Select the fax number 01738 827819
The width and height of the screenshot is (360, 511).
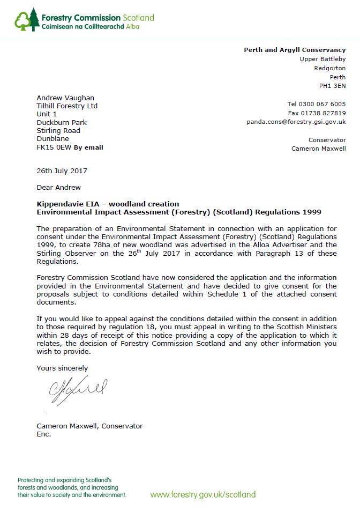[325, 113]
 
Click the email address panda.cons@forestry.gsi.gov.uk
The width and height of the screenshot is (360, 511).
[296, 122]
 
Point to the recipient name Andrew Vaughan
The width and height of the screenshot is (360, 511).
[65, 98]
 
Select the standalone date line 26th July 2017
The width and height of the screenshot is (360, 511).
[62, 171]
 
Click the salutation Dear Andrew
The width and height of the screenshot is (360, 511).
[58, 187]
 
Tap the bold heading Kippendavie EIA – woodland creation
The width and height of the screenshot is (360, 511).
[108, 204]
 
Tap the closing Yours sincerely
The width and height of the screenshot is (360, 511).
[62, 368]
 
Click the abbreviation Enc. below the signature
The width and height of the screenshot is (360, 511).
[43, 434]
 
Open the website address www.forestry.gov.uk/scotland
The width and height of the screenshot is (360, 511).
[202, 494]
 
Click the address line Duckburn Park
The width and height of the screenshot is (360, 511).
[62, 122]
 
